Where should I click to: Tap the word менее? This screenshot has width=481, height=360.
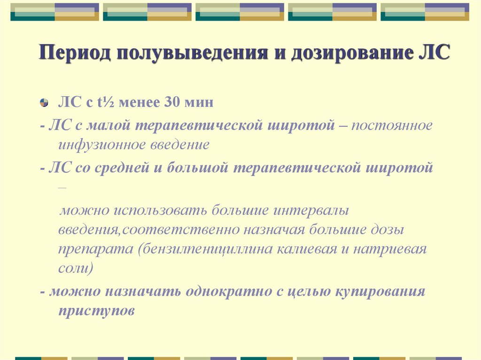[x=139, y=102]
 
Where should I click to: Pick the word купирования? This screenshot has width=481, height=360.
[x=380, y=291]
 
